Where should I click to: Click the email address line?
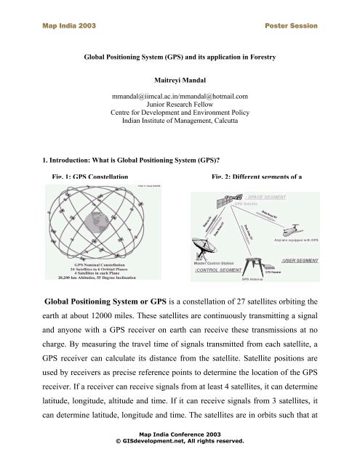(x=180, y=96)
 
